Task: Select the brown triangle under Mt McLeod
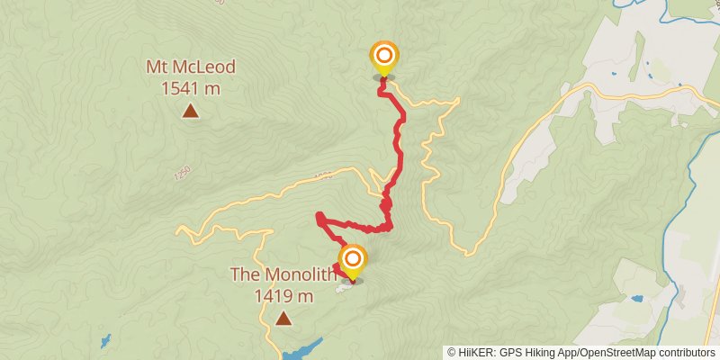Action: [190, 111]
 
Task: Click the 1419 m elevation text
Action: [283, 295]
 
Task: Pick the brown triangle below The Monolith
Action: [283, 318]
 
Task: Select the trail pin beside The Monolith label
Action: [352, 262]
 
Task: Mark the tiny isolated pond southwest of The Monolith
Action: [106, 341]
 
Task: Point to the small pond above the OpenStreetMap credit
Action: [638, 298]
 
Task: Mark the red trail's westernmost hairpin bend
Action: [319, 216]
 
